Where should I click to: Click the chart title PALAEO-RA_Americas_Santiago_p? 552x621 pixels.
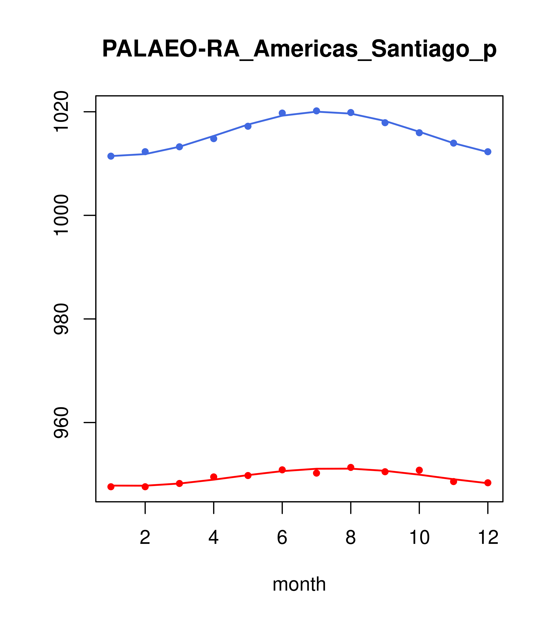tap(299, 49)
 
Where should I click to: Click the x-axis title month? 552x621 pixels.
tap(299, 584)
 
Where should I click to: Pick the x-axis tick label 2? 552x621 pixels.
tap(145, 537)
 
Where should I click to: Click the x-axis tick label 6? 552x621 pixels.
tap(282, 537)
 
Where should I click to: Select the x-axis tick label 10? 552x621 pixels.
tap(419, 537)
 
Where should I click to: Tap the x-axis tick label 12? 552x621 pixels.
tap(488, 537)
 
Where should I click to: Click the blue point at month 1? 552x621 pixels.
tap(111, 156)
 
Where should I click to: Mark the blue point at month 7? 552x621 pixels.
tap(317, 111)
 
